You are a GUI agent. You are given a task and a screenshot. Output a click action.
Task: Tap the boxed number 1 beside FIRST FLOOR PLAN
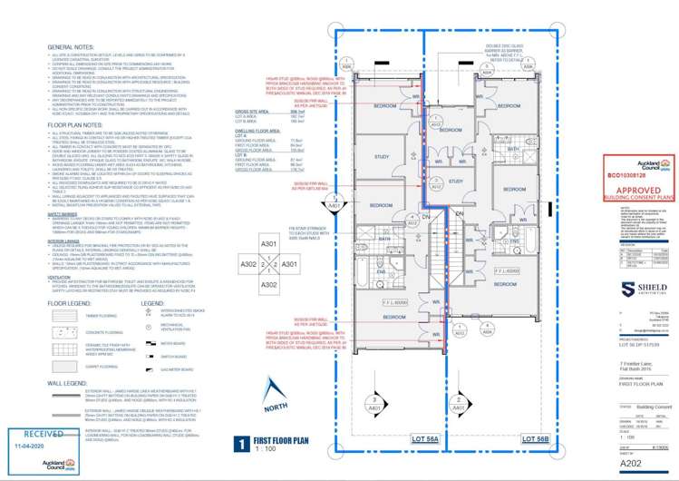240,445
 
